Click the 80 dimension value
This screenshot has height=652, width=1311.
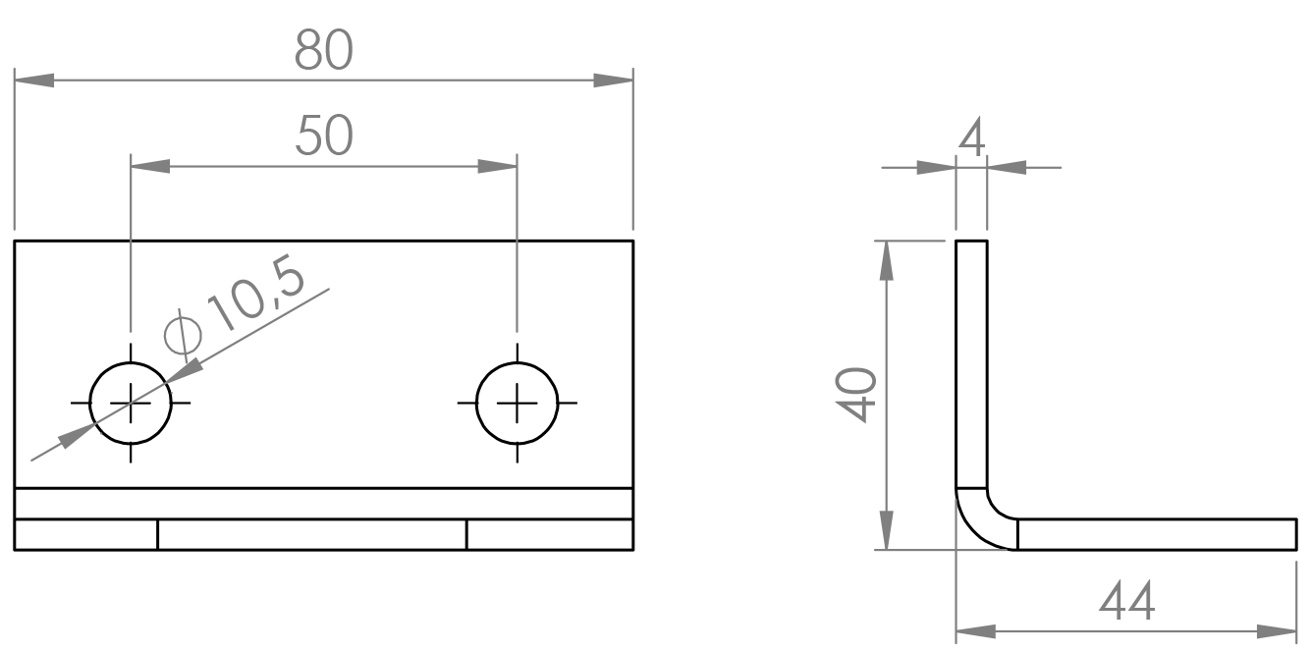pos(324,50)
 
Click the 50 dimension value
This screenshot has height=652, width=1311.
pos(324,136)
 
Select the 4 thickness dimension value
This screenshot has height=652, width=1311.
pos(971,138)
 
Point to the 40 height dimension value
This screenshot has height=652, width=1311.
pos(855,395)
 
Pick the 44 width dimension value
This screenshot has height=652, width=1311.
pos(1126,602)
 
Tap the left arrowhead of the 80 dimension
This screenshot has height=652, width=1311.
pos(34,81)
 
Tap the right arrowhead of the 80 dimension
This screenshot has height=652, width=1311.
pos(614,81)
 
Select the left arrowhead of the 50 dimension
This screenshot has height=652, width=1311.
pos(150,166)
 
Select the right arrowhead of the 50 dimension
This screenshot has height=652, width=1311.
pos(498,166)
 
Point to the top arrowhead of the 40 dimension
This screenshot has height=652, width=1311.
pos(887,260)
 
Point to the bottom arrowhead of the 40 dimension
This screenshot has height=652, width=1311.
pos(887,530)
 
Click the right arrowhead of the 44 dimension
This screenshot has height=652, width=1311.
pos(1277,631)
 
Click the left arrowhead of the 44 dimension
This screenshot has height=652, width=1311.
pos(976,631)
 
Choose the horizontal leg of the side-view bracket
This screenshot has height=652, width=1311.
pos(1157,534)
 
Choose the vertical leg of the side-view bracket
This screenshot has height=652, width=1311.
pos(971,364)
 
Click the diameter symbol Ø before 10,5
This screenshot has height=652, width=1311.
pos(183,336)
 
